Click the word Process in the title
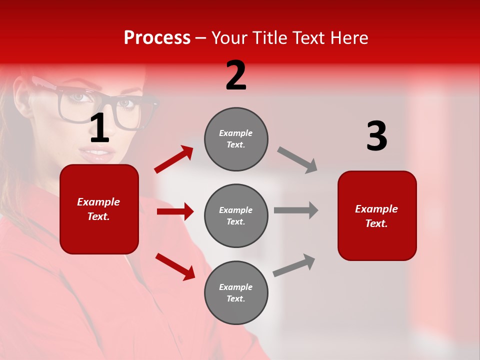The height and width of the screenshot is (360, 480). point(157,38)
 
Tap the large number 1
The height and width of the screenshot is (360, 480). point(99,128)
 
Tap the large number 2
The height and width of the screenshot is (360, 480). point(236,75)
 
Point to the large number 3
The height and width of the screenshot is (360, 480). point(376,136)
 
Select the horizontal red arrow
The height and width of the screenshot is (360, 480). point(175,211)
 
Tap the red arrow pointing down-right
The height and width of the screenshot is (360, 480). point(175,266)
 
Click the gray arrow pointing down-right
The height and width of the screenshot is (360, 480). point(297,159)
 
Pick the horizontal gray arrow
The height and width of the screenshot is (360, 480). point(296,210)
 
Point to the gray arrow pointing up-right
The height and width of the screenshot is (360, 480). point(294,265)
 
